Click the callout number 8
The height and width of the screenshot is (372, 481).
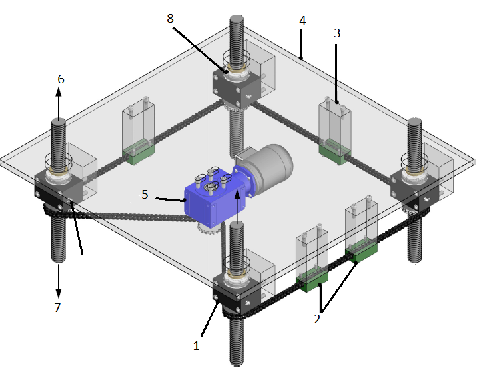pos(171,19)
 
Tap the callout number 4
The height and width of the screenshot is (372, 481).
pos(302,21)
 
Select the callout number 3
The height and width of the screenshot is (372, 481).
pos(337,31)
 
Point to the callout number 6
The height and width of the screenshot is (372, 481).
pos(61,79)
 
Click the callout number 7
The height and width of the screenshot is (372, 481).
pos(57,307)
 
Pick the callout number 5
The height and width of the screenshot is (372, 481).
pos(145,195)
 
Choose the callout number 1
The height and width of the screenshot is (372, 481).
pos(196,346)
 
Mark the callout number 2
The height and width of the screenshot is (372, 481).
pos(317,319)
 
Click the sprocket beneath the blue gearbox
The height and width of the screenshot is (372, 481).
pos(209,231)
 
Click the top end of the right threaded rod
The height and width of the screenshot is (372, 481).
pos(414,123)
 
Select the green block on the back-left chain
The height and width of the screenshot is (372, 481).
pos(138,155)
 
